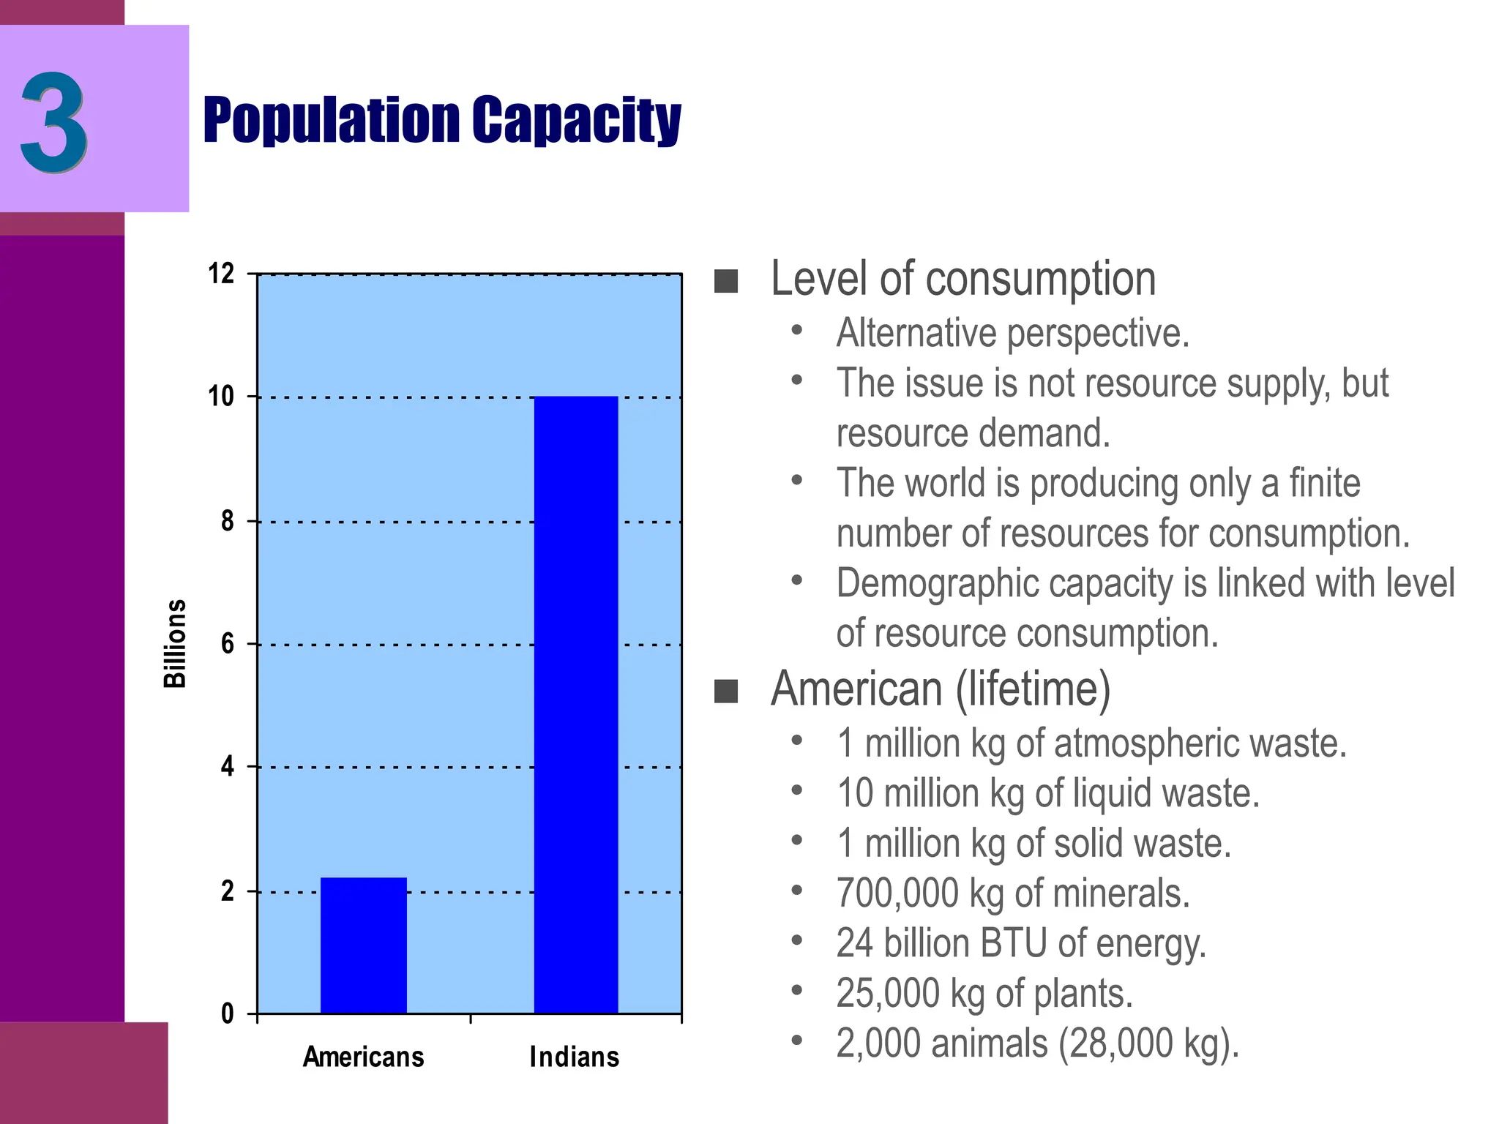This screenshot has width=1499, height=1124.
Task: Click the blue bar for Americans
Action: pyautogui.click(x=364, y=945)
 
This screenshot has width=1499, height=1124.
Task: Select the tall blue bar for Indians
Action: pyautogui.click(x=576, y=704)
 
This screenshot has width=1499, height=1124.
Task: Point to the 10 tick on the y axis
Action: pyautogui.click(x=221, y=397)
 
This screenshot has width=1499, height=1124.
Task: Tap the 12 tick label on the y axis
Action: pyautogui.click(x=221, y=274)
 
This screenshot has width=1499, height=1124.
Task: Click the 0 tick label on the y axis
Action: pyautogui.click(x=228, y=1014)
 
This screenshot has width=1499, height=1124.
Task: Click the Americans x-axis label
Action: pyautogui.click(x=364, y=1057)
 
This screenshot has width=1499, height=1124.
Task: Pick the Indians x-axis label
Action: pyautogui.click(x=575, y=1057)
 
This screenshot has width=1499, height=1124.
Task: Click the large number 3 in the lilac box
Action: pyautogui.click(x=54, y=123)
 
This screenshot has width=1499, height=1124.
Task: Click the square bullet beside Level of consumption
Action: pyautogui.click(x=725, y=281)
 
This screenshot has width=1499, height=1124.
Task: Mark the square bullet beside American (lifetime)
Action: pyautogui.click(x=725, y=691)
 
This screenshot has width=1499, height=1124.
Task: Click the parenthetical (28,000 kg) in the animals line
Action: pyautogui.click(x=1149, y=1044)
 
